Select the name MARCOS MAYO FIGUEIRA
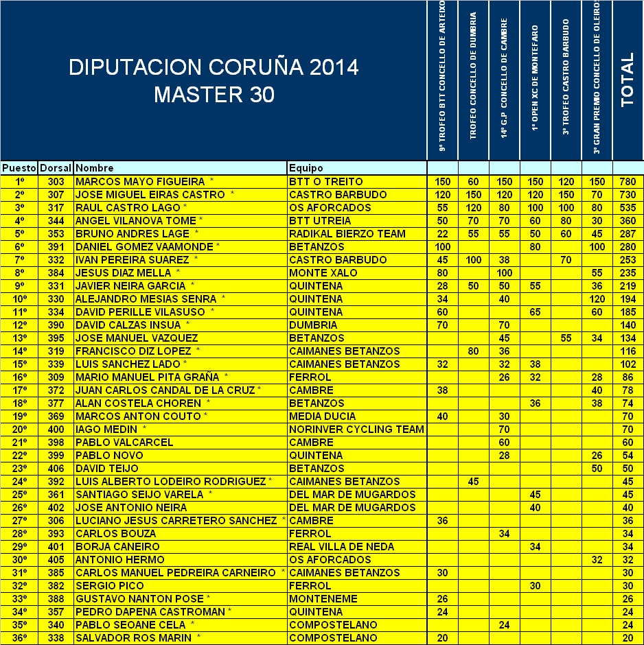click(140, 182)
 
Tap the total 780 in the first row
click(628, 182)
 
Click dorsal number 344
click(56, 221)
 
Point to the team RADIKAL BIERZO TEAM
click(347, 234)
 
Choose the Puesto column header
click(19, 168)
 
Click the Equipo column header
click(306, 168)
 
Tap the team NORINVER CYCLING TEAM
click(357, 430)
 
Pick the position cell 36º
click(19, 638)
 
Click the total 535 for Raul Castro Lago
click(628, 208)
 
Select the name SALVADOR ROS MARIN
click(133, 638)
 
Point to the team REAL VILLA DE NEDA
click(342, 547)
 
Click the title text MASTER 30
click(214, 95)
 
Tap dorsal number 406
click(56, 469)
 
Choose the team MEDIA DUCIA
click(323, 417)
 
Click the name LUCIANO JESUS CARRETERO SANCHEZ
click(176, 521)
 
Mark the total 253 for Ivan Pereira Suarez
click(628, 260)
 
